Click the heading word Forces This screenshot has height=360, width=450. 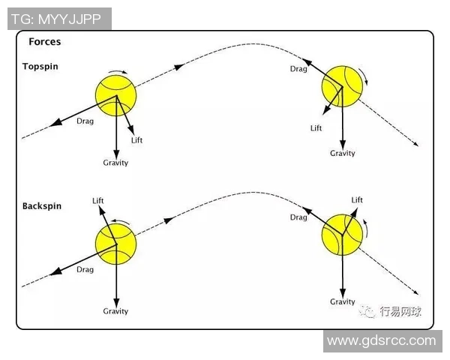44,42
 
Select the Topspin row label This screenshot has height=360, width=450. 40,67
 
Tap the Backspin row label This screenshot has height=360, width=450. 43,205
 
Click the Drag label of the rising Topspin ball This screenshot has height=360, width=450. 85,121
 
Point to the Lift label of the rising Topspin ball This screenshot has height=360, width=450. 136,139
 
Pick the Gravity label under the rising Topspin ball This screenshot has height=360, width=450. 115,163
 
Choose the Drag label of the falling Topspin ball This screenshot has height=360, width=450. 298,69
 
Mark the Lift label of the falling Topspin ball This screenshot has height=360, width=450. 316,128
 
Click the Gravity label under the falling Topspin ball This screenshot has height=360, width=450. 343,153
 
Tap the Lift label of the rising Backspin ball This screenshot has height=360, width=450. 97,200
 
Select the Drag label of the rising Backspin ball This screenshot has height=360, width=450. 85,269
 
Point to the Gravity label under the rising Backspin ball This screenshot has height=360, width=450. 115,311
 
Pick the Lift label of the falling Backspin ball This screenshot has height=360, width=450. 357,200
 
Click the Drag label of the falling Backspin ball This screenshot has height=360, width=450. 298,217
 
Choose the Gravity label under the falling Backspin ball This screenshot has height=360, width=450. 343,301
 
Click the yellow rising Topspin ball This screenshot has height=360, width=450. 116,94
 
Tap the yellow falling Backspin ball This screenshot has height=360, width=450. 342,233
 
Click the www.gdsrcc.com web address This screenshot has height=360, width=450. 381,340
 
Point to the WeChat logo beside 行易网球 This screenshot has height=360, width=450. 367,310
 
